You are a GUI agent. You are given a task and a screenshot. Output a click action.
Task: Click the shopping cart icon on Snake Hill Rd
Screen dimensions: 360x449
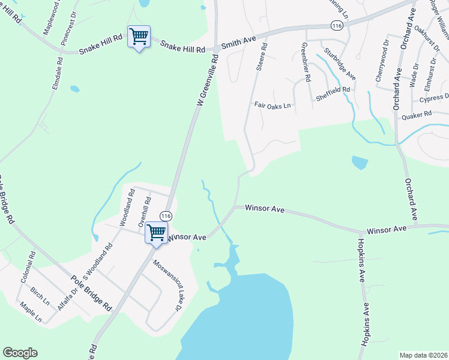click(x=139, y=37)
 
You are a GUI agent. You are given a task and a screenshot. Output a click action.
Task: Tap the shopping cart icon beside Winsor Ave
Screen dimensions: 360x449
click(x=157, y=232)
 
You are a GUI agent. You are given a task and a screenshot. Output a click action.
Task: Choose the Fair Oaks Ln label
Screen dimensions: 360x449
click(x=272, y=105)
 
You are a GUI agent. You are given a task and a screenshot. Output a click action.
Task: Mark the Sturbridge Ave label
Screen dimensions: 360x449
click(x=340, y=64)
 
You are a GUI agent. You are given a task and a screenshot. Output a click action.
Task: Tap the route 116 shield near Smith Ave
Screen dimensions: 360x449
click(x=337, y=25)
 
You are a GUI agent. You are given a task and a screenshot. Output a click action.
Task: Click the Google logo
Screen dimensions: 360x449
click(x=20, y=353)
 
